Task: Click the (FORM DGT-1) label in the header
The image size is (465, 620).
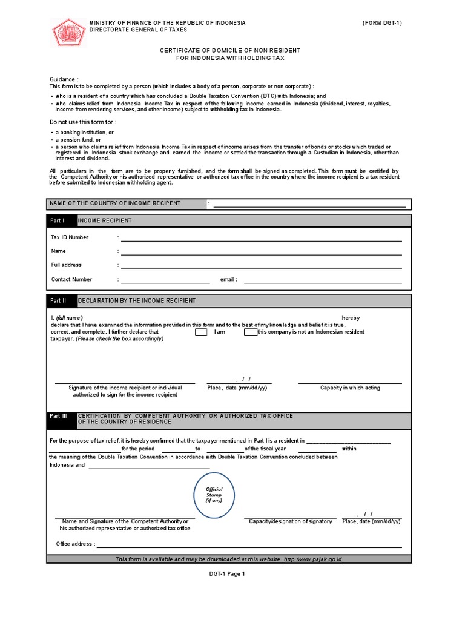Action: click(382, 23)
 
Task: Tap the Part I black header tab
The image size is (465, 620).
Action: click(62, 221)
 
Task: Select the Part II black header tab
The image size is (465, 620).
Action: click(62, 301)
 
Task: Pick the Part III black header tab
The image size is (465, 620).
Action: click(62, 419)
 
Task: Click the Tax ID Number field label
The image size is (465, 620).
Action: click(70, 237)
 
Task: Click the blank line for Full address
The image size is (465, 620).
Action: click(261, 266)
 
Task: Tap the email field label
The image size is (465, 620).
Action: click(228, 280)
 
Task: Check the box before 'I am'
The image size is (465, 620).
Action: click(201, 332)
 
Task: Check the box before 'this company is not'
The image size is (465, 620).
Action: click(250, 332)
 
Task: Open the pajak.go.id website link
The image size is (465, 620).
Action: click(312, 559)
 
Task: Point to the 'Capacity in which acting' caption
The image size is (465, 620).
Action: click(350, 387)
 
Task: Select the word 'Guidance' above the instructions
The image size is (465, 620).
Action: click(64, 79)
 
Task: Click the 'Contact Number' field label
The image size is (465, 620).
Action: click(71, 280)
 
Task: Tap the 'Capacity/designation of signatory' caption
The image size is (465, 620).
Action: click(290, 521)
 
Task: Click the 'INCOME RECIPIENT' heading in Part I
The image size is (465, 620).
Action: click(105, 221)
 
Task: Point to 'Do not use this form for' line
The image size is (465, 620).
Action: click(82, 122)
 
